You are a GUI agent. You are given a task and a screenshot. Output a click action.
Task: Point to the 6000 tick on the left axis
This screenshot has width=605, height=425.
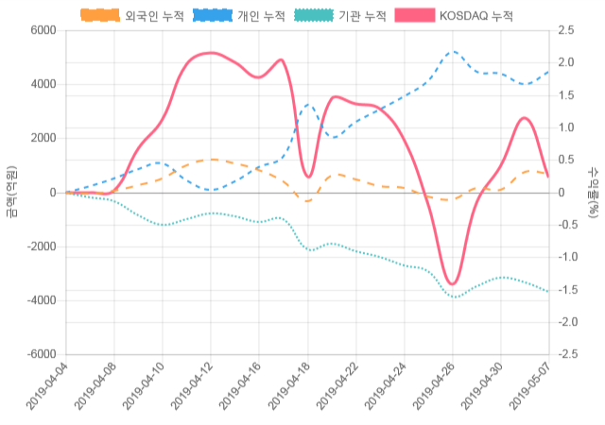(43, 30)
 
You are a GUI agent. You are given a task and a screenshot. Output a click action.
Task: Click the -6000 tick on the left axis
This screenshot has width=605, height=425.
(40, 354)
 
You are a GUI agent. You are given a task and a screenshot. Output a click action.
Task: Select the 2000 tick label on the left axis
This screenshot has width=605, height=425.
(43, 138)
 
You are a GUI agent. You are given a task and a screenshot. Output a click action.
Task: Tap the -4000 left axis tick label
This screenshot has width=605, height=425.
(40, 300)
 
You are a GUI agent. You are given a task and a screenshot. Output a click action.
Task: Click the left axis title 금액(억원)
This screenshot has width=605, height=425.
(11, 192)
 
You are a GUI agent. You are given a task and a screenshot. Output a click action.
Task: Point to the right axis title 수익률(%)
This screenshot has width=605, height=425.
(593, 192)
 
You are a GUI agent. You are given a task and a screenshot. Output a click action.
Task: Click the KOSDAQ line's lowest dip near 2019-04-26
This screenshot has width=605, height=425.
(452, 283)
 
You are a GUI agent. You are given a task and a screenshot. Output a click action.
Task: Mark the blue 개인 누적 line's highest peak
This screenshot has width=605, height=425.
(454, 52)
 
